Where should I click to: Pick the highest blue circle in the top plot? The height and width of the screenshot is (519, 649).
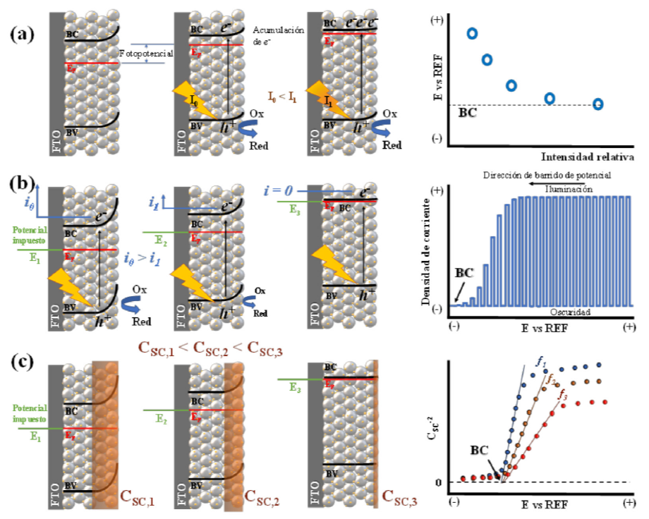(x=472, y=33)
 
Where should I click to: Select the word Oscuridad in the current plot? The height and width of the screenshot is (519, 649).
(x=562, y=312)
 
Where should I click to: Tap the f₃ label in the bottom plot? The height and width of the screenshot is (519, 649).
(x=562, y=395)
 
